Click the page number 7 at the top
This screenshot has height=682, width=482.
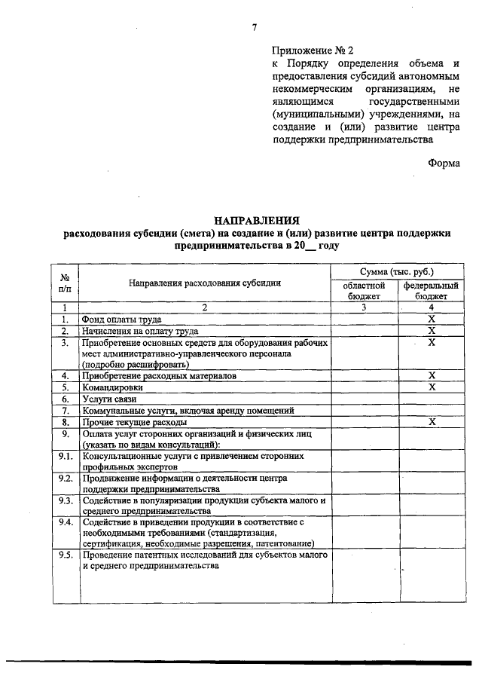(255, 28)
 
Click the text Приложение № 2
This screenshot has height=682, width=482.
(312, 50)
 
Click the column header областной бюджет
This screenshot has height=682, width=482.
(365, 291)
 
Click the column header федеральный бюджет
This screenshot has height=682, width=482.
(432, 291)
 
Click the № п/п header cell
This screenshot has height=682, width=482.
(66, 283)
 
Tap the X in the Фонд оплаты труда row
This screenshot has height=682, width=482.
(432, 319)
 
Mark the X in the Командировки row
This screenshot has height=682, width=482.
(432, 387)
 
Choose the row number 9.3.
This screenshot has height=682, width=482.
(66, 500)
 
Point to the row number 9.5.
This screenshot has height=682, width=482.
(66, 555)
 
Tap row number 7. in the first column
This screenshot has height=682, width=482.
(66, 411)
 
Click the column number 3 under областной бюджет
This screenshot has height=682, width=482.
(365, 307)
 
